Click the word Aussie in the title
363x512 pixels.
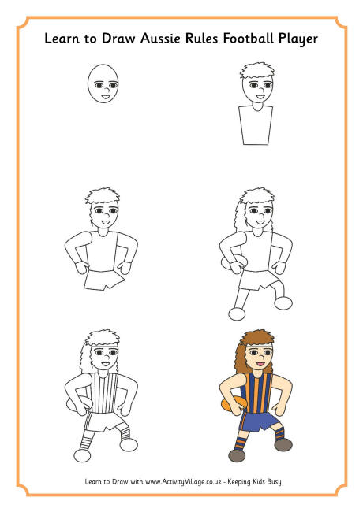160,39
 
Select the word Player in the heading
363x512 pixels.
298,39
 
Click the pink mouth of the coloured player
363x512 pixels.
260,363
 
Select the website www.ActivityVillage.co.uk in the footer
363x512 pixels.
183,481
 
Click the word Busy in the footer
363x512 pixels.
274,482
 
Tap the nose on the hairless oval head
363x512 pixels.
107,89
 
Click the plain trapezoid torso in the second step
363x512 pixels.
256,124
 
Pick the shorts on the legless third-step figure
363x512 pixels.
104,280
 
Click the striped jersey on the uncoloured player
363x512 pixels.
103,392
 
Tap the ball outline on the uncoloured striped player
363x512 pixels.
73,404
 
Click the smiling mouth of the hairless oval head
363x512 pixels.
105,97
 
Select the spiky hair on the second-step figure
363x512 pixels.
257,71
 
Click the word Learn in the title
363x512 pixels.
62,39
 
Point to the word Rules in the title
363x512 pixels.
202,39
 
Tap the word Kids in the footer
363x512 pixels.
258,481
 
